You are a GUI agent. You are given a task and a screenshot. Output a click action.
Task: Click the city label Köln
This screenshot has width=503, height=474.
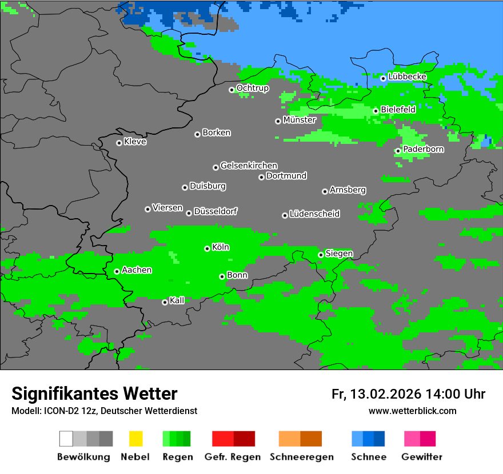(221, 247)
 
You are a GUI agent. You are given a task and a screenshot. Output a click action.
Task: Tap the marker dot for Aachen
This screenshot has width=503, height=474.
(117, 271)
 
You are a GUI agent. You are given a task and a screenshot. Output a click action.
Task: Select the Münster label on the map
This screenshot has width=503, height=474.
(300, 120)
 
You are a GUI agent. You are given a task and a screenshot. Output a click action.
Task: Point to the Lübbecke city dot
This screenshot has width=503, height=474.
(383, 78)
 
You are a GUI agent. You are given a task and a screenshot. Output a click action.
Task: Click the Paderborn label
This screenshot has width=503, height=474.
(424, 149)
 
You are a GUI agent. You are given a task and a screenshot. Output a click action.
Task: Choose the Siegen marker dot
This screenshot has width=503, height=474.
(321, 255)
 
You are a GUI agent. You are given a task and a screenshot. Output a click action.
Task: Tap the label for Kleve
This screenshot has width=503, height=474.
(135, 142)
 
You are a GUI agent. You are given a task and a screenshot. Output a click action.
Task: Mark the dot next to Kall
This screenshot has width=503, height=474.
(165, 302)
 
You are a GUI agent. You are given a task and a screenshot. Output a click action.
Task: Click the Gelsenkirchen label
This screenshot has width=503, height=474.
(249, 166)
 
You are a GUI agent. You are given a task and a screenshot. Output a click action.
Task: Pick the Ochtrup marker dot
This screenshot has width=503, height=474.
(231, 90)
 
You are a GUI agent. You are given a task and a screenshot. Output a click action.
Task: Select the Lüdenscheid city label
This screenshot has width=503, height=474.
(314, 214)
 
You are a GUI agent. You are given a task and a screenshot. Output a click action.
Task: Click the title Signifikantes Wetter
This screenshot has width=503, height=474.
(94, 393)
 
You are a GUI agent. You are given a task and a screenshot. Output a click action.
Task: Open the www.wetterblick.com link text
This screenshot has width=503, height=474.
(412, 411)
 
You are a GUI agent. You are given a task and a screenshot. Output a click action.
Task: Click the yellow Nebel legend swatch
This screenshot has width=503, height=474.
(135, 439)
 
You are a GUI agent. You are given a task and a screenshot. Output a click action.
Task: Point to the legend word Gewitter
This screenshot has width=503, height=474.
(422, 457)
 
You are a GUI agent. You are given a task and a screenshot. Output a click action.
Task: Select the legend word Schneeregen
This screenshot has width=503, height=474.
(302, 457)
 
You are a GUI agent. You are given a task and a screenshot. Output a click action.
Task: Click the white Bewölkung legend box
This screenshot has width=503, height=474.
(66, 439)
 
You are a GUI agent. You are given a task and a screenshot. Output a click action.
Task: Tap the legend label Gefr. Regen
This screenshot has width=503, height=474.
(233, 457)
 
